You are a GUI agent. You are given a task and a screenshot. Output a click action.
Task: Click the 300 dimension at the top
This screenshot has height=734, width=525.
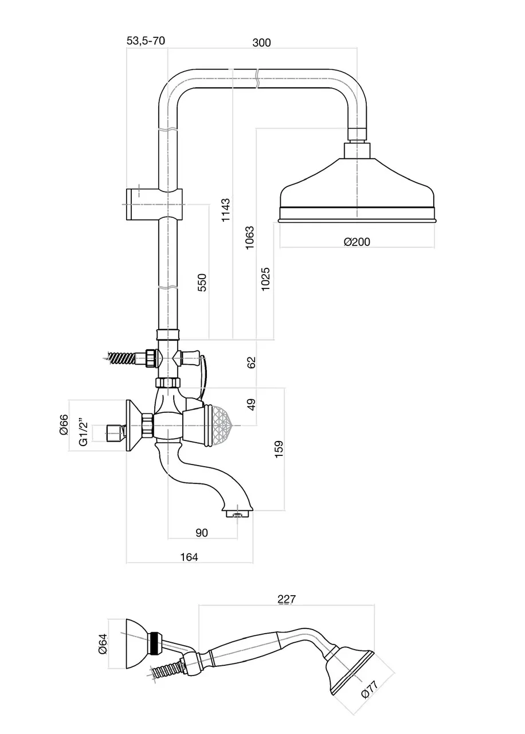(x=261, y=42)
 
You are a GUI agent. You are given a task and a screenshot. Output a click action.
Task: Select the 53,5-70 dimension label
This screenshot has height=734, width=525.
(x=146, y=41)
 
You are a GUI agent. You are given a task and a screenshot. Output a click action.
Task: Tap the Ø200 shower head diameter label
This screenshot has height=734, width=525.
(x=357, y=242)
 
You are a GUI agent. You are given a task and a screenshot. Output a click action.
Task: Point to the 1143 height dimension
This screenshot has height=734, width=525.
(x=226, y=210)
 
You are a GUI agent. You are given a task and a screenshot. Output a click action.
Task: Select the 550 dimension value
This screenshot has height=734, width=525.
(x=202, y=283)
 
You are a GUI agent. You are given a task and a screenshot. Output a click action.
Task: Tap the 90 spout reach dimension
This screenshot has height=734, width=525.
(x=201, y=533)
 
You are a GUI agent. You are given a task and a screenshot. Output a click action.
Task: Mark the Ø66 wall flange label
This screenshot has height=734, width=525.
(x=64, y=425)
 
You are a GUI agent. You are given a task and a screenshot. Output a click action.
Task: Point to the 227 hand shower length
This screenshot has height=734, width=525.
(x=287, y=599)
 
